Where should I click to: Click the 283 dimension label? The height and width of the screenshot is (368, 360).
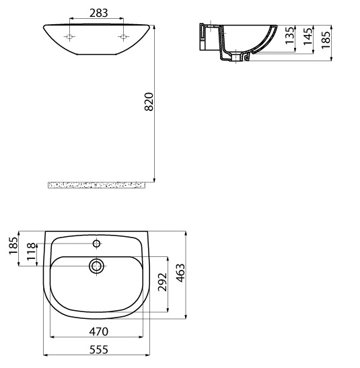(98, 13)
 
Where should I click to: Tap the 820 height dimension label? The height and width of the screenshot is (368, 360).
(149, 102)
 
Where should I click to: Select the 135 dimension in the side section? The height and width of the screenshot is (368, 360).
(289, 35)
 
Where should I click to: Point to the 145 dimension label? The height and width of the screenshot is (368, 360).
(308, 36)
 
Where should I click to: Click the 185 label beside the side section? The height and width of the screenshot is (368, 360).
(326, 40)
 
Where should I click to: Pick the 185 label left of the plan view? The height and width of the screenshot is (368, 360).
(13, 246)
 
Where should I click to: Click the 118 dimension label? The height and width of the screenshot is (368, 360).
(32, 252)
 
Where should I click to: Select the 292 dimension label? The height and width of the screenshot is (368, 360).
(162, 282)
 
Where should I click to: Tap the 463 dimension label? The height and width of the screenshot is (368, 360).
(181, 273)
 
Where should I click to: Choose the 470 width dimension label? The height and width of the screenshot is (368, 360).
(98, 332)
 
